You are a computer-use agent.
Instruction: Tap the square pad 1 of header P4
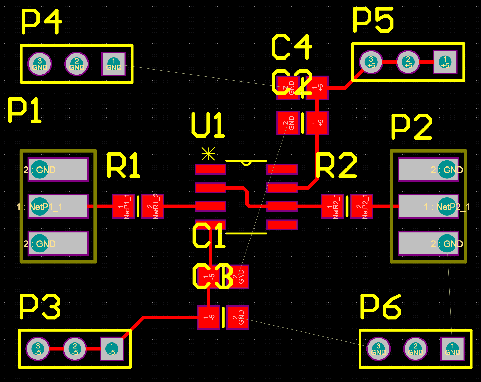tap(113, 64)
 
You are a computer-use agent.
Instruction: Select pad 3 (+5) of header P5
tap(371, 62)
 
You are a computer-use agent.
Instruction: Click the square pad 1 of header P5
tap(445, 62)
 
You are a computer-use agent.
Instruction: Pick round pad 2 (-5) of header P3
tap(75, 349)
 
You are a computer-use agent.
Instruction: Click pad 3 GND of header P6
tap(378, 349)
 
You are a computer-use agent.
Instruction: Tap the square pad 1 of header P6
tap(452, 349)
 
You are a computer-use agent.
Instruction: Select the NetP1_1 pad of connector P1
tap(58, 207)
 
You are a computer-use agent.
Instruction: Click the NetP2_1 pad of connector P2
tap(428, 207)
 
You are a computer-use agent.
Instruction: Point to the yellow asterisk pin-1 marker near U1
tap(208, 154)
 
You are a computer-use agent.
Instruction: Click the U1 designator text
tap(208, 125)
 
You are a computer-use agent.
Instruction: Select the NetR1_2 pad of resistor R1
tap(153, 207)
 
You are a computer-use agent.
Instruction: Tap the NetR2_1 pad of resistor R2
tap(332, 207)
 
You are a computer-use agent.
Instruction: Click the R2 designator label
tap(336, 165)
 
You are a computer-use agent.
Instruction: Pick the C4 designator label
tap(292, 47)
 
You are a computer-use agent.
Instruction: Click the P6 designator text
tap(380, 307)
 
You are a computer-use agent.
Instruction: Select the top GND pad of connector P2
tap(428, 170)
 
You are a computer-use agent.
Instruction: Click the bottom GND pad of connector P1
tap(58, 243)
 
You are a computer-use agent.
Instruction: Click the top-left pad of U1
tap(210, 169)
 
